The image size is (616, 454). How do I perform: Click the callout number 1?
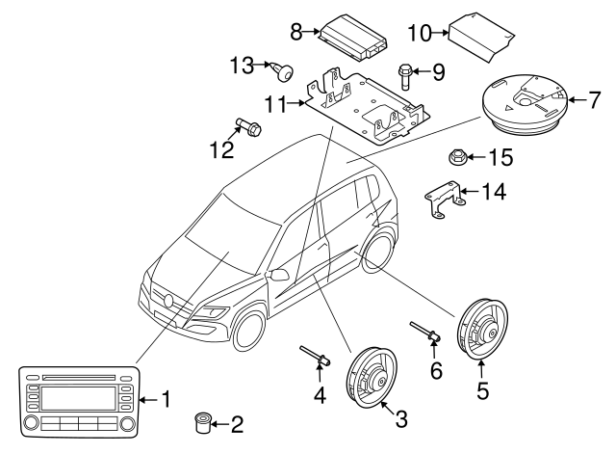tap(166, 397)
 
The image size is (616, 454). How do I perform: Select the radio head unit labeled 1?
tap(75, 399)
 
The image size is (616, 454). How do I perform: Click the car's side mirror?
tap(280, 275)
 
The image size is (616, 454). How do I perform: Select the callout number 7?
tap(592, 97)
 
